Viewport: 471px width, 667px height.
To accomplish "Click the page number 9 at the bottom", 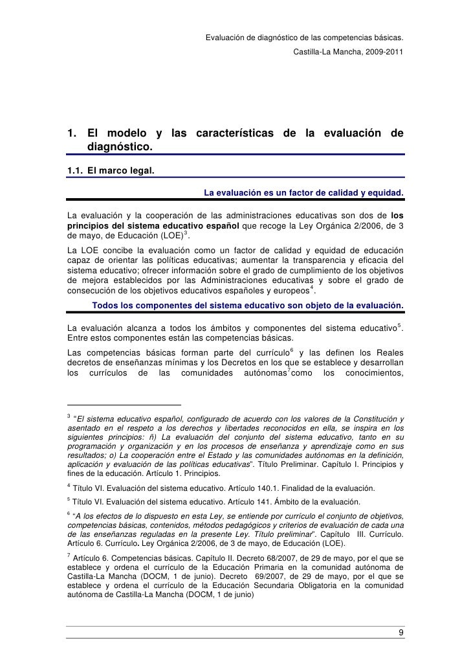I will tap(402, 632).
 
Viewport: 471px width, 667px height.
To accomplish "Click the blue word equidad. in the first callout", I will tap(386, 193).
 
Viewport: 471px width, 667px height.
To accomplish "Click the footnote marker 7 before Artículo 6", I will tap(69, 555).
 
